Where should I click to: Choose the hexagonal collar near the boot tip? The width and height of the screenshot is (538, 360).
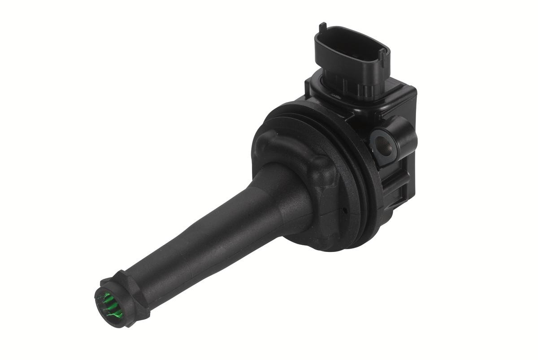(128, 287)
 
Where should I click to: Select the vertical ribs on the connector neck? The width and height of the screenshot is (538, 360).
(350, 83)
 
